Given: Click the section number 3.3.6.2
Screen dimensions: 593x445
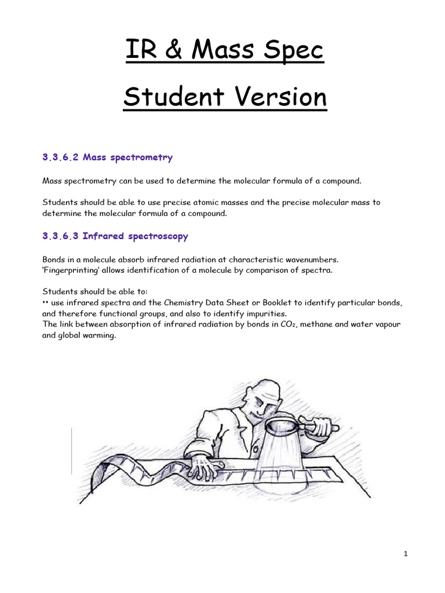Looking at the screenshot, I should coord(61,158).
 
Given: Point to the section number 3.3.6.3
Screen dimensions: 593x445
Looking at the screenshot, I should coord(61,236).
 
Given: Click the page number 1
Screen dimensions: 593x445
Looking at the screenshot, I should coord(406,554).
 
